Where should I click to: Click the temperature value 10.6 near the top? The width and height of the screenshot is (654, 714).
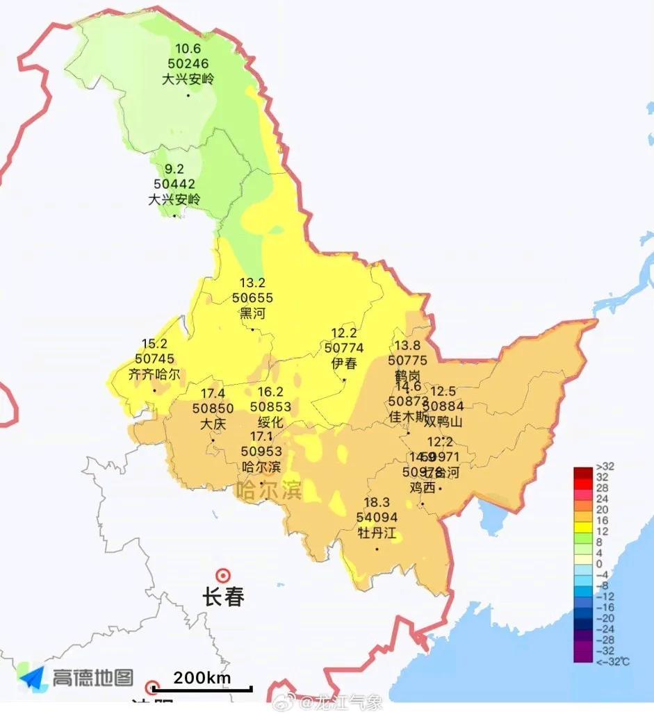188,49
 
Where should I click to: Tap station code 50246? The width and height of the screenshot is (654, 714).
188,64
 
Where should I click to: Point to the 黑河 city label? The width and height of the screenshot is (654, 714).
252,313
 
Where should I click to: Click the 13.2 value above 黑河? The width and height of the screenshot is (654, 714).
252,283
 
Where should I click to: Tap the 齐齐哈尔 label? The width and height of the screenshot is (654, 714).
154,374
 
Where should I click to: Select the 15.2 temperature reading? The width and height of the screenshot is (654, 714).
154,344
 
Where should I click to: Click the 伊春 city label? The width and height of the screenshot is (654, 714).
345,363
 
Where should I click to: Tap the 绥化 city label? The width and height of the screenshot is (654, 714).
270,422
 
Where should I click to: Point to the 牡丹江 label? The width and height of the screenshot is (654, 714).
376,533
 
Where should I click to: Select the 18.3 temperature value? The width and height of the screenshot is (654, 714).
376,503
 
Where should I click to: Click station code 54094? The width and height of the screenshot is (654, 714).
376,518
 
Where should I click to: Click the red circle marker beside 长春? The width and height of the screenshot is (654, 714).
223,575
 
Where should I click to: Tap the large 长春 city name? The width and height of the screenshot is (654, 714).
223,597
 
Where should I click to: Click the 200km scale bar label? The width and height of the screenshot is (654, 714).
202,678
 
